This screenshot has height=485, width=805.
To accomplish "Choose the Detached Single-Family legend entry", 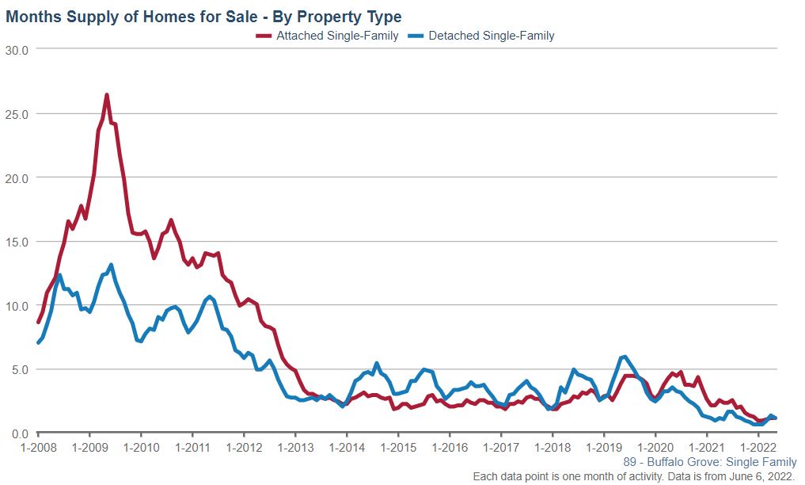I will coord(491,36).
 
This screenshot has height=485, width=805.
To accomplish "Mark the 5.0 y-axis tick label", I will coord(19,369).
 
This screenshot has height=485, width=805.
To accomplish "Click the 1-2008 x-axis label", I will coord(38,448).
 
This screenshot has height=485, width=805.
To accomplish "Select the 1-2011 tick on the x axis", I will coord(192,448).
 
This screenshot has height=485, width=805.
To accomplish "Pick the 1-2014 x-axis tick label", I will coord(347,448).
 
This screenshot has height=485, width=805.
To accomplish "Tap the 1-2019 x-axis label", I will coord(604,448).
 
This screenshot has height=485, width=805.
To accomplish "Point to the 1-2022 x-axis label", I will coord(758,448).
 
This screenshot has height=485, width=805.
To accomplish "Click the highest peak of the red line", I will coord(107,95).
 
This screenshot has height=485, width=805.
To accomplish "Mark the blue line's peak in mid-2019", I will coord(625,357).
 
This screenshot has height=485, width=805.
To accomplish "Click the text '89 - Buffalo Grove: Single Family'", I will coord(710,463).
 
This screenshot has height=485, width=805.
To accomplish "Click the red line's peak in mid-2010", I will coord(171,220).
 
